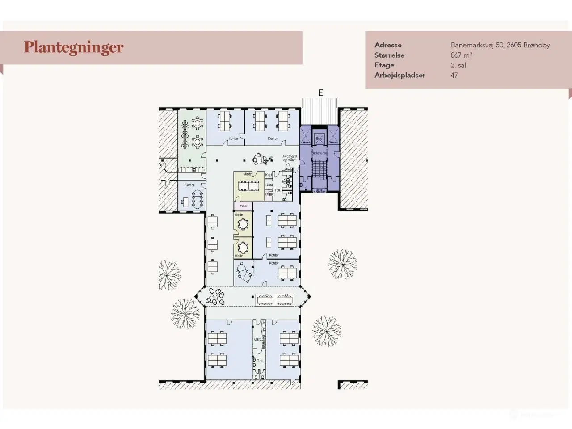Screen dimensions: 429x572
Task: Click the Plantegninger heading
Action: tap(74, 47)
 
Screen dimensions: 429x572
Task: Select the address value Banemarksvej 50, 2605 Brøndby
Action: tap(500, 45)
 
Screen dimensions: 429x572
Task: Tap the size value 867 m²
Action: tap(462, 55)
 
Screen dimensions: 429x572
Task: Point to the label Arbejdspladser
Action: tap(400, 76)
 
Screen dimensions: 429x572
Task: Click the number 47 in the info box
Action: tap(454, 76)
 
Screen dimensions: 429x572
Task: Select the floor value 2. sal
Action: tap(458, 65)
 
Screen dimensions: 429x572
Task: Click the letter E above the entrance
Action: tap(320, 93)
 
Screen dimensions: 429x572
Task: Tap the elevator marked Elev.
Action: tap(319, 138)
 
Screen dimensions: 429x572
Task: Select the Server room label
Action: tap(244, 206)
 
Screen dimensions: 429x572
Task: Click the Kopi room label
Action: tap(269, 175)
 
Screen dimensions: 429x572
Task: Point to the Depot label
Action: tap(269, 194)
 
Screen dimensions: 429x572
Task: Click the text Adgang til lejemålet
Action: tap(289, 158)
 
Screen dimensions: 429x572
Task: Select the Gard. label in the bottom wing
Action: tap(258, 340)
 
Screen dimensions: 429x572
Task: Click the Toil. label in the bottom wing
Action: tap(260, 361)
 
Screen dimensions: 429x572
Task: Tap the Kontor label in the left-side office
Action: tap(189, 185)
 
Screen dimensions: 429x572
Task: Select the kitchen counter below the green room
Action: tap(192, 170)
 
